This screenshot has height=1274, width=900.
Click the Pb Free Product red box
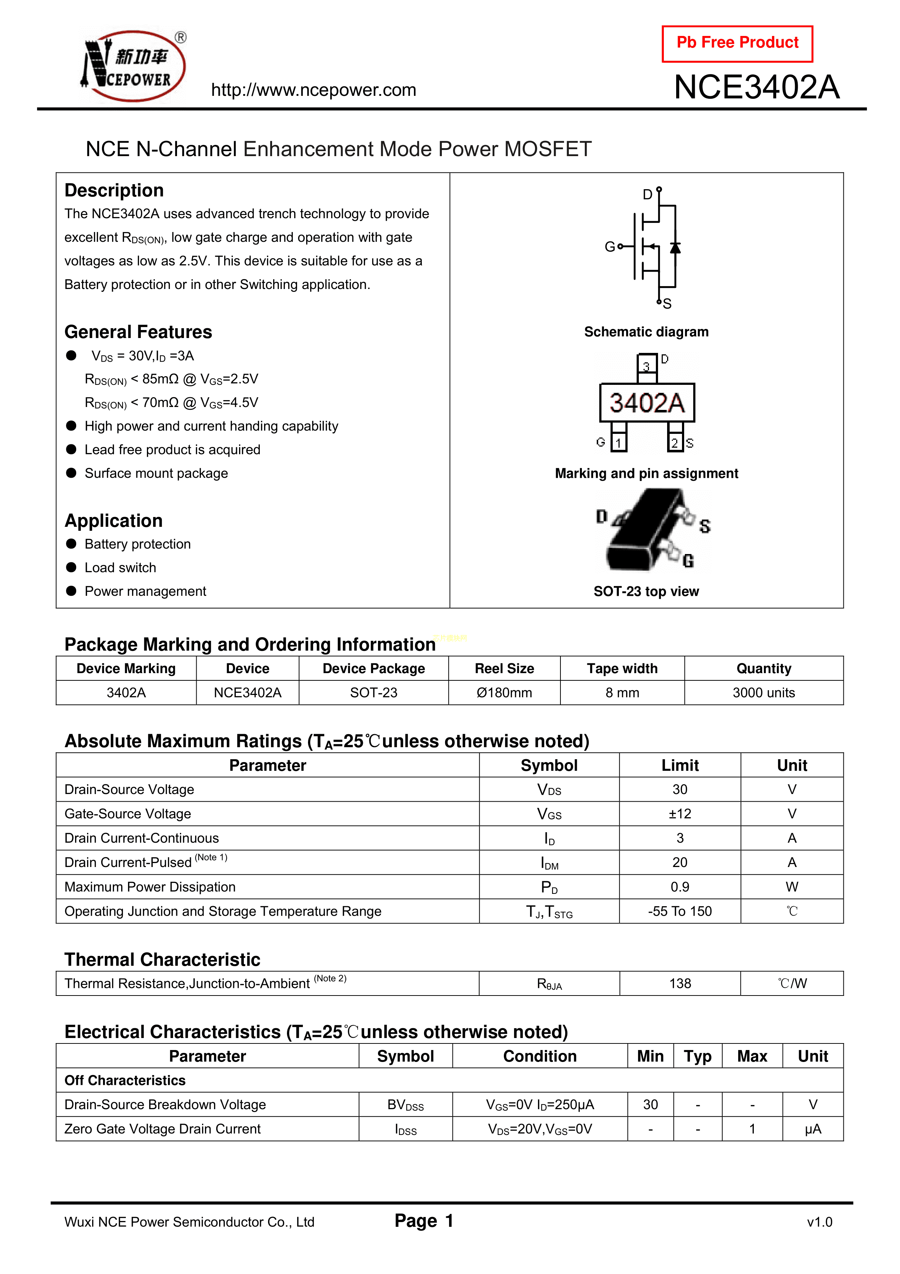coord(737,43)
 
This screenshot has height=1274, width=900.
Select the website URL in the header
coord(313,90)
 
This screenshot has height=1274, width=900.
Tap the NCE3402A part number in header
coord(756,87)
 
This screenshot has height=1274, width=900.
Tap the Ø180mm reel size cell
coord(504,692)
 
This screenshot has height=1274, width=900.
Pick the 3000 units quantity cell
coord(764,692)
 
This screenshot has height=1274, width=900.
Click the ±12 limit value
coord(680,814)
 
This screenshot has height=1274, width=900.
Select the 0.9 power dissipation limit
coord(680,887)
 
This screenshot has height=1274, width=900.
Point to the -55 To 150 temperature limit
coord(680,911)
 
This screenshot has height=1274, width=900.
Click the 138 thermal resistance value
coord(680,983)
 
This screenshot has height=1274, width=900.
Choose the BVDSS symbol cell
coord(405,1105)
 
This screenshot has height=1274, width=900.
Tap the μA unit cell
coord(812,1129)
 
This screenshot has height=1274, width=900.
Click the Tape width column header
coord(622,669)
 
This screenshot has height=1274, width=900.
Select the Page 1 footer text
coord(424,1221)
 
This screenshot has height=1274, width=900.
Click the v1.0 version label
coord(819,1222)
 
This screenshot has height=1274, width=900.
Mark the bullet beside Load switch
coord(71,567)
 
